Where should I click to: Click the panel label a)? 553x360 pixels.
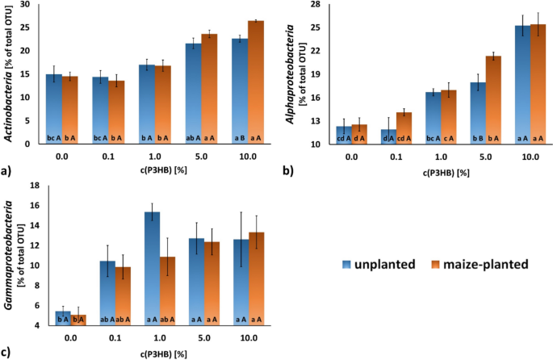point(7,172)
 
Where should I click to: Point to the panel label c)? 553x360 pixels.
point(7,352)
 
